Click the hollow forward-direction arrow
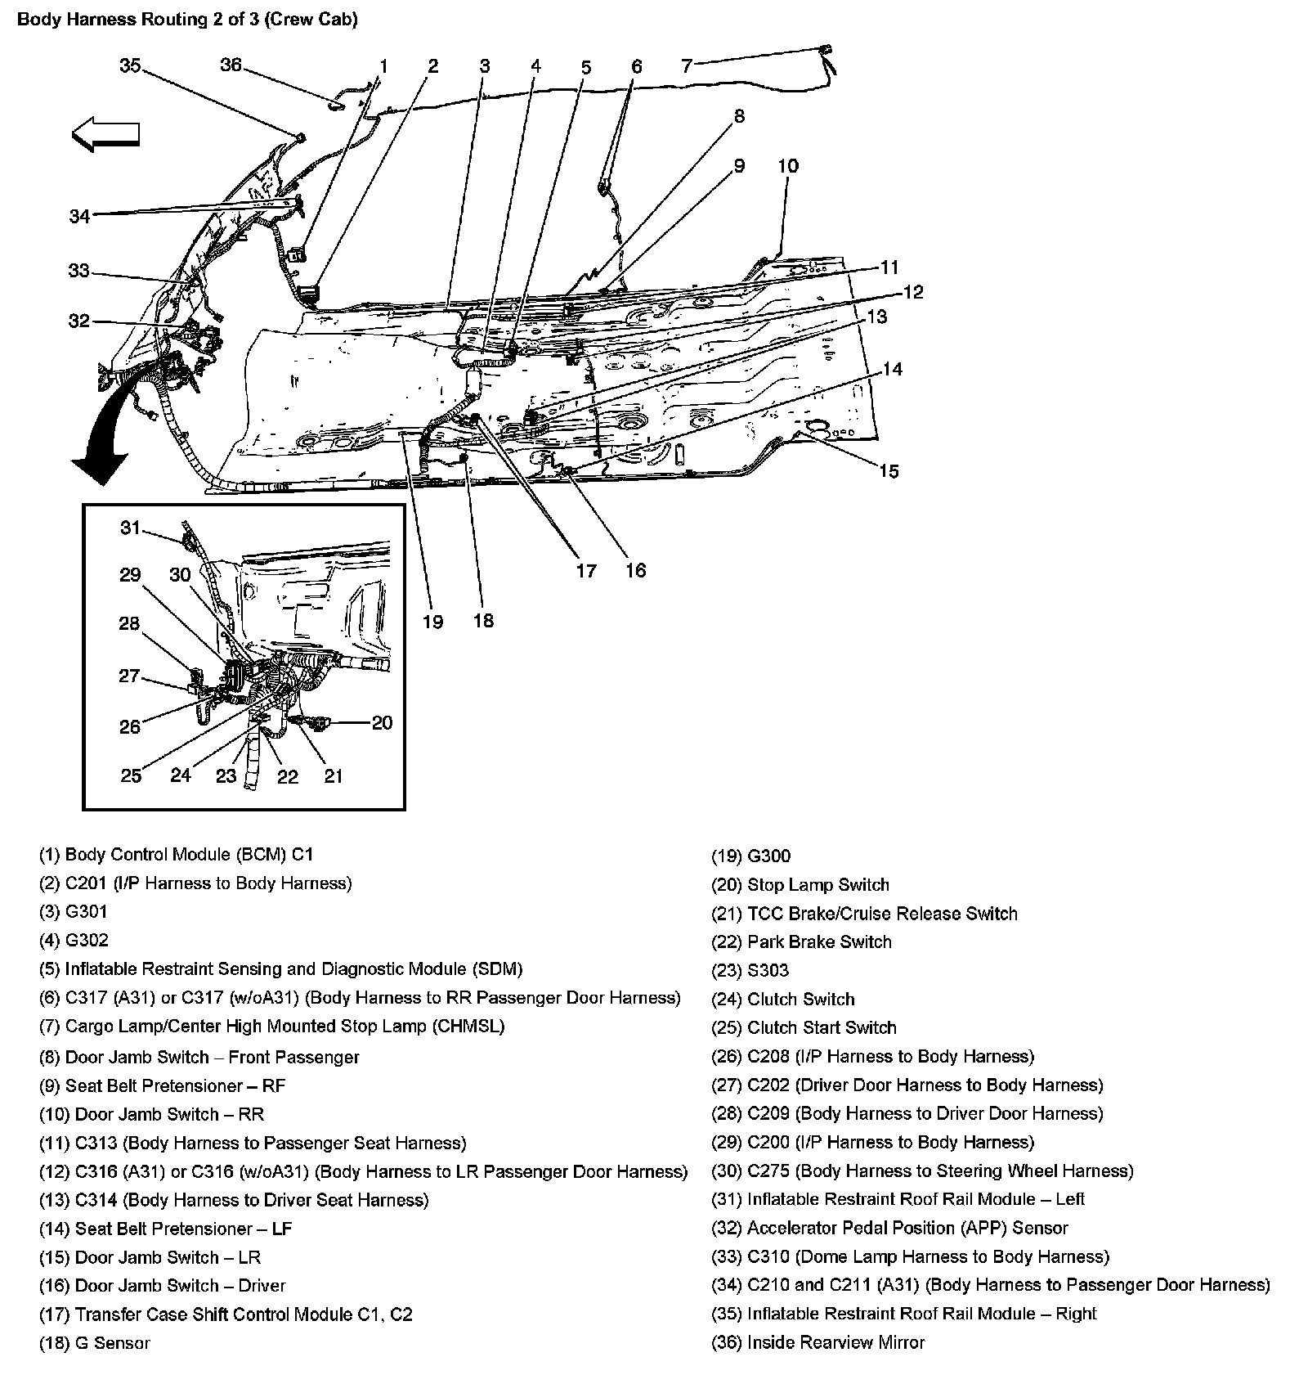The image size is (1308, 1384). coord(105,136)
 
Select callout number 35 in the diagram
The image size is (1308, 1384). coord(131,65)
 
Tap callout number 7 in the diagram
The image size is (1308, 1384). coord(687,65)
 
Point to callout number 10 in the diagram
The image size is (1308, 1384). coord(787,166)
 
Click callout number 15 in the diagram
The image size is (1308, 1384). coord(889,470)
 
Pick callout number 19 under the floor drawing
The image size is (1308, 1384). coord(432,622)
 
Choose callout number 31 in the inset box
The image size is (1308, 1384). coord(131,528)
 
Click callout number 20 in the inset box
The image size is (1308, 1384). coord(382,722)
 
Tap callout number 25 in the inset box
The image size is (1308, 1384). coord(131,775)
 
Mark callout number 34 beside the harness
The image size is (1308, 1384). coord(79,217)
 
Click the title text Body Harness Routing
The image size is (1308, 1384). coord(187,20)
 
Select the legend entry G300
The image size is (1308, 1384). coord(750,856)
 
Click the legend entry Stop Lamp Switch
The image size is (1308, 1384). coord(800,885)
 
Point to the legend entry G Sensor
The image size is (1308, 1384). coord(95,1343)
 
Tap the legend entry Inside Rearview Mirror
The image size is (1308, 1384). coord(817,1342)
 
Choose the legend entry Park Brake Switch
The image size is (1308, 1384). coord(801,941)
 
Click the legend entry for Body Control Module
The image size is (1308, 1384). coord(176,855)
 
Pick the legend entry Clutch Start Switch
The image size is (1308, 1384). coord(804,1027)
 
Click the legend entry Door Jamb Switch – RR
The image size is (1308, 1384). coord(152,1114)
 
